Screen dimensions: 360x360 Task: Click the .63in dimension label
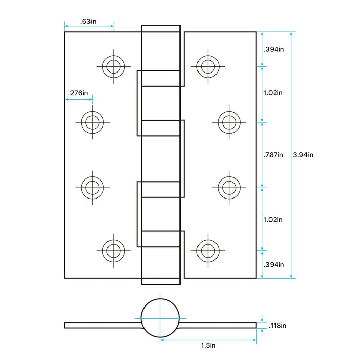(x=88, y=21)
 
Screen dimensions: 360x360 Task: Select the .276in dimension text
(x=78, y=93)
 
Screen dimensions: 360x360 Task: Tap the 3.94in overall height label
(x=303, y=155)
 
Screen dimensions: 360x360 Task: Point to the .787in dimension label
(x=273, y=155)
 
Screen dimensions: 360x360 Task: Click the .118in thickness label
(x=278, y=326)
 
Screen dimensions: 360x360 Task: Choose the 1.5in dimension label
(x=208, y=345)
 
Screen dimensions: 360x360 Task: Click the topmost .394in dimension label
(x=274, y=49)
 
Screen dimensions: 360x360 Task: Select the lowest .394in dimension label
(x=274, y=265)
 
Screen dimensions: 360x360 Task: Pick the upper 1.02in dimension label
(x=273, y=93)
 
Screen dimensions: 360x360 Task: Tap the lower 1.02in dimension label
(x=273, y=220)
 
